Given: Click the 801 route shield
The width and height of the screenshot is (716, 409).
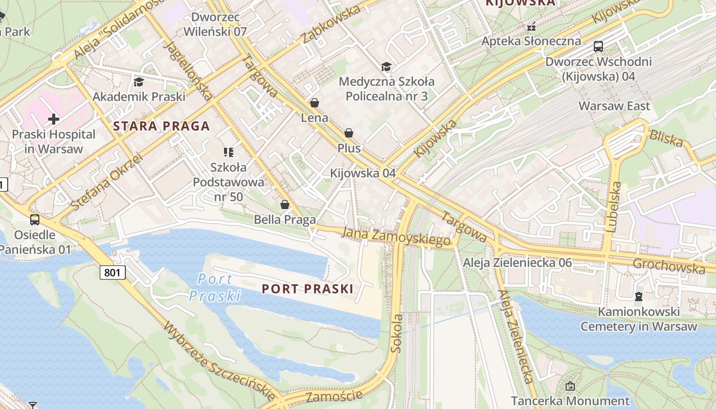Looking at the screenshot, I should coord(112,272).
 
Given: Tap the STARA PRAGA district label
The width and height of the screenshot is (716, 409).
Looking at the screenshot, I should coord(162,126).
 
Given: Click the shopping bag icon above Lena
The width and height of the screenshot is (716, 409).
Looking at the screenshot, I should coord(315,103).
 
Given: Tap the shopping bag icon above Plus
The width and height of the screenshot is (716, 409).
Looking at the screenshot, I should coord(349,133).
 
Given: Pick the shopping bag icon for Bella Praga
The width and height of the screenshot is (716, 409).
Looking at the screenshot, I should coord(285,205).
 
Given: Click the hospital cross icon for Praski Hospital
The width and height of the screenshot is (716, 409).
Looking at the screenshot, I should coord(54,120).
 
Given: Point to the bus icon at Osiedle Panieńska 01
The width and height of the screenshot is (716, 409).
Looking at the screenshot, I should coord(35,220).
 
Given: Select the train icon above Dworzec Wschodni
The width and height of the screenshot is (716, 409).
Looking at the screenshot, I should coord(598,47).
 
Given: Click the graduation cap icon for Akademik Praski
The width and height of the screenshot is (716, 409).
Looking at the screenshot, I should coord(139,82).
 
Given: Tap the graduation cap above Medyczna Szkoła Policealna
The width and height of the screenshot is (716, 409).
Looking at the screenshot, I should coord(387,66).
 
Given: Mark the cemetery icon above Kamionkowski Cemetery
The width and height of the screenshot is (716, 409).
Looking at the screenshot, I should coord(638,297).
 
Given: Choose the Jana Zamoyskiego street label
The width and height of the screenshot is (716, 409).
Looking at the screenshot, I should coord(396,236).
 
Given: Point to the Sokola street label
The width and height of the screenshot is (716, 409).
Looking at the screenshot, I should coord(396,333).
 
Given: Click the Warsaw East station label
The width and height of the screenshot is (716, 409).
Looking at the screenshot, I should coord(614,106).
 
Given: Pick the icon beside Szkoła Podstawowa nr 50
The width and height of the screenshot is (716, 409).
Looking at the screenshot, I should coord(228,152).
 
